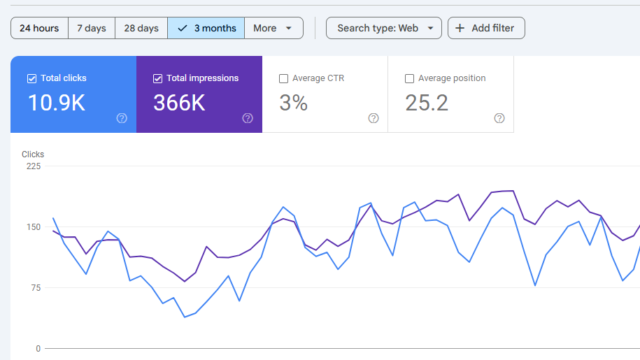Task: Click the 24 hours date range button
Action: coord(39,28)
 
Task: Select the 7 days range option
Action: coord(91,28)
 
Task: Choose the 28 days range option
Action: coord(141,28)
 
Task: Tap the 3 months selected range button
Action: coord(206,28)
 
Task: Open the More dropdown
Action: coord(273,28)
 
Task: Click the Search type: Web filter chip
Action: coord(383,28)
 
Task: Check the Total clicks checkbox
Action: coord(33,78)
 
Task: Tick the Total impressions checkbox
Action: coord(159,78)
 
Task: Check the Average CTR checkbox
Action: coord(284,78)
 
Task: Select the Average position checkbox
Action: coord(410,78)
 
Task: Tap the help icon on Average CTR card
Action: coord(373,118)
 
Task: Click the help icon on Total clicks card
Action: coord(122,118)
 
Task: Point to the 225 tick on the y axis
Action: coord(34,167)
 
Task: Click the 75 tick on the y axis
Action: coord(37,288)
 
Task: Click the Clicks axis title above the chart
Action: coord(33,155)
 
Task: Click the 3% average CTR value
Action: coord(295,102)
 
